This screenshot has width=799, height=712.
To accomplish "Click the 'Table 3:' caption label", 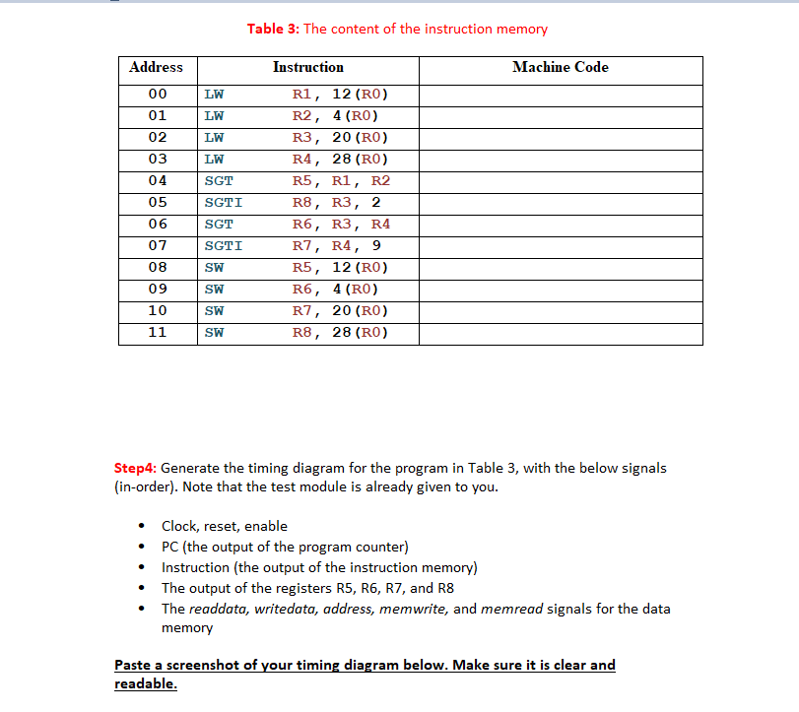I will tap(273, 29).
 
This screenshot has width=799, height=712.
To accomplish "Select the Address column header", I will tap(156, 67).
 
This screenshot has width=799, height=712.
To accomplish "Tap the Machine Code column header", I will tap(560, 67).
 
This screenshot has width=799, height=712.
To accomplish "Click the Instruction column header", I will tap(307, 67).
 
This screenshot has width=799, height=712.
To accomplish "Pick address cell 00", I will tap(157, 95).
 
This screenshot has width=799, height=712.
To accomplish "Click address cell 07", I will tap(157, 246).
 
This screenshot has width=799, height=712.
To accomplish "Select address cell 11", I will tap(157, 333).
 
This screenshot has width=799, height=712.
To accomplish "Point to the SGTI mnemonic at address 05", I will tap(223, 203).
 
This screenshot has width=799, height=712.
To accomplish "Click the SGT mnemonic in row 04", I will tap(219, 181).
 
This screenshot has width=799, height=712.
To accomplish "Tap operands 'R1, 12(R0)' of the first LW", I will tap(340, 95).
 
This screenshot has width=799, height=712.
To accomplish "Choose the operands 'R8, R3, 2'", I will tap(336, 203).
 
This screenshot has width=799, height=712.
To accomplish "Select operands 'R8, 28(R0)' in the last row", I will tap(340, 333).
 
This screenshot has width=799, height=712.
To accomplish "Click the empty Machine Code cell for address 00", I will tap(560, 95).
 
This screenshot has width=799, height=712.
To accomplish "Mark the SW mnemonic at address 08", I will tap(214, 268).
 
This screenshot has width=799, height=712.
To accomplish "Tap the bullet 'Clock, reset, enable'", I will tap(225, 526).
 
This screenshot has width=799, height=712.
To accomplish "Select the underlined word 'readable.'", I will tap(146, 683).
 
